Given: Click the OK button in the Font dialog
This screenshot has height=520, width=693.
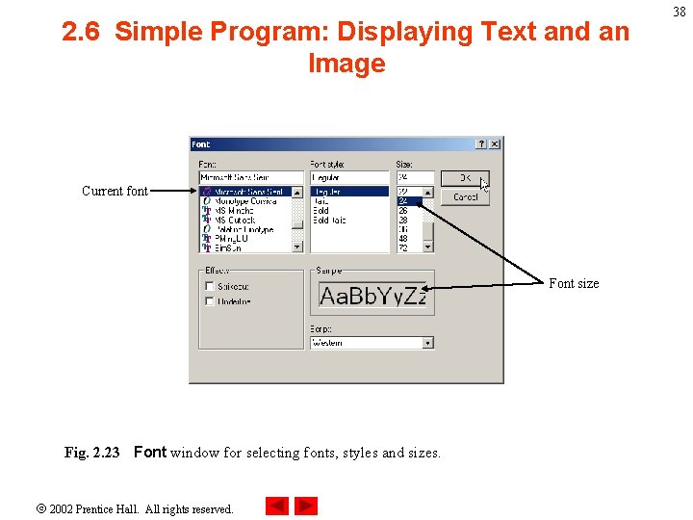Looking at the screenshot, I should click(464, 178).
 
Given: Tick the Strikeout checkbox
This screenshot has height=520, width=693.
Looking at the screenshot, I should click(209, 286).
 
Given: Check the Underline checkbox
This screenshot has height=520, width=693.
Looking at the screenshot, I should click(209, 301).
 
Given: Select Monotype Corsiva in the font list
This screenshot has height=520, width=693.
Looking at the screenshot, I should click(244, 200).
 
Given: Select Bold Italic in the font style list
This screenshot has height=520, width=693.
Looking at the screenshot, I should click(329, 220).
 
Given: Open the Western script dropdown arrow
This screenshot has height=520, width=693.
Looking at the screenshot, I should click(428, 343).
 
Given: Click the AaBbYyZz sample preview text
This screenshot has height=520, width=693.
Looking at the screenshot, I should click(372, 296).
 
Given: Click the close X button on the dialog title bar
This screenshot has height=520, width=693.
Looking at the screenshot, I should click(495, 144).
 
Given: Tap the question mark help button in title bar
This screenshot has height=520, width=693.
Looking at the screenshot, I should click(481, 144).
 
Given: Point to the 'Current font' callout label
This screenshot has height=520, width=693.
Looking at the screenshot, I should click(115, 191).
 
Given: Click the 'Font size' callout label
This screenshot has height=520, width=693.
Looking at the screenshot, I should click(574, 283).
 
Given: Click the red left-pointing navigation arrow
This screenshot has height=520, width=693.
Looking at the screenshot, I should click(277, 506).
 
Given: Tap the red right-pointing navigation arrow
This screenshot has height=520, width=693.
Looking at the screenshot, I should click(306, 506).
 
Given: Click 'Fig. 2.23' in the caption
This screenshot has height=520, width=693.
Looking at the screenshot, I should click(91, 453).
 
